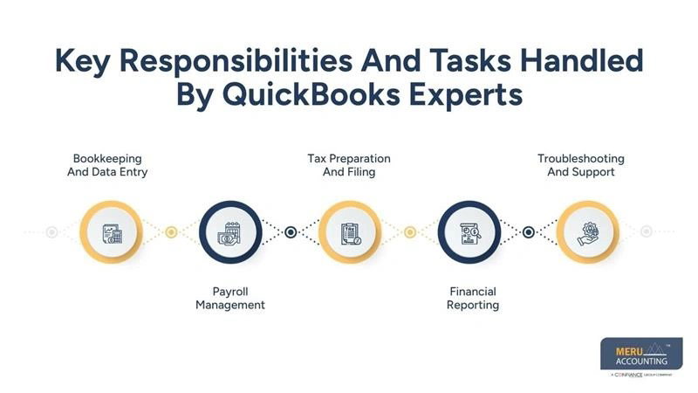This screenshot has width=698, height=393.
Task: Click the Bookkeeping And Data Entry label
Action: pyautogui.click(x=110, y=165)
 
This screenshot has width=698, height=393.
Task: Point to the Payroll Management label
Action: pyautogui.click(x=230, y=298)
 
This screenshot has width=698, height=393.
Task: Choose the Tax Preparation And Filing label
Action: pyautogui.click(x=348, y=165)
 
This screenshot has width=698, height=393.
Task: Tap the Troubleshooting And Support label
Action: pyautogui.click(x=581, y=165)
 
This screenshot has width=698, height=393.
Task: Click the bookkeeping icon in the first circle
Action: pyautogui.click(x=111, y=232)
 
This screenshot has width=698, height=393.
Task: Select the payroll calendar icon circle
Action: pyautogui.click(x=230, y=232)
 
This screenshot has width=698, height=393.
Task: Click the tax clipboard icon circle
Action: pyautogui.click(x=349, y=232)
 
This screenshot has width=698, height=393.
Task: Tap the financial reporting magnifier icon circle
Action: pyautogui.click(x=469, y=232)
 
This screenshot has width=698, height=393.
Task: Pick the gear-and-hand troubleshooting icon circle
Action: pyautogui.click(x=587, y=232)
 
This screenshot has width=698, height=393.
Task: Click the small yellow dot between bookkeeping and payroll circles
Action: pyautogui.click(x=171, y=232)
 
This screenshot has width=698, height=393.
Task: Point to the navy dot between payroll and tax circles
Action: pyautogui.click(x=291, y=232)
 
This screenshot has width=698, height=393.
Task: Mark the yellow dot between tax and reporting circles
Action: pyautogui.click(x=409, y=232)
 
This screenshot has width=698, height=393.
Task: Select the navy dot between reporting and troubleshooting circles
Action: pyautogui.click(x=528, y=232)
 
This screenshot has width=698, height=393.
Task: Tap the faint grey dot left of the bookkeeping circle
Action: pyautogui.click(x=51, y=232)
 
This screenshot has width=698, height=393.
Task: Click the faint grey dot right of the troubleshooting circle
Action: pyautogui.click(x=646, y=232)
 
